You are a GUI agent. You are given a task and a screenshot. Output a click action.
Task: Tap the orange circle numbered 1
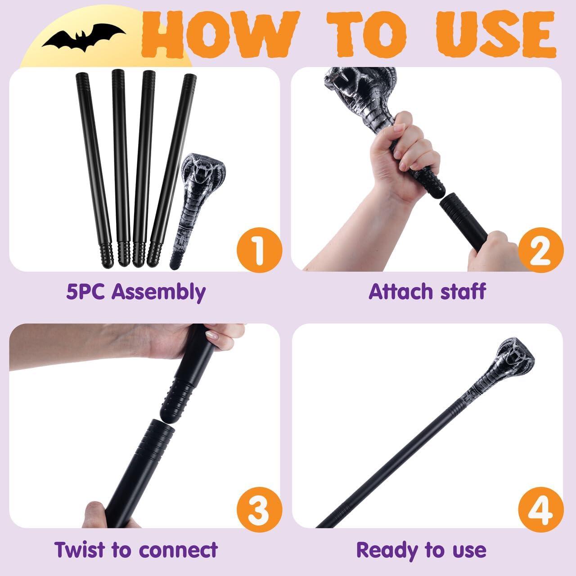tap(259, 250)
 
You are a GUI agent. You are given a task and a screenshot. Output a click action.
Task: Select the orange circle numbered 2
tap(541, 250)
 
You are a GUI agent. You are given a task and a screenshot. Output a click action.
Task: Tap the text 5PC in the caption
tap(85, 292)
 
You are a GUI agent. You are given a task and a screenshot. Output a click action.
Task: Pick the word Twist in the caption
tap(80, 549)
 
